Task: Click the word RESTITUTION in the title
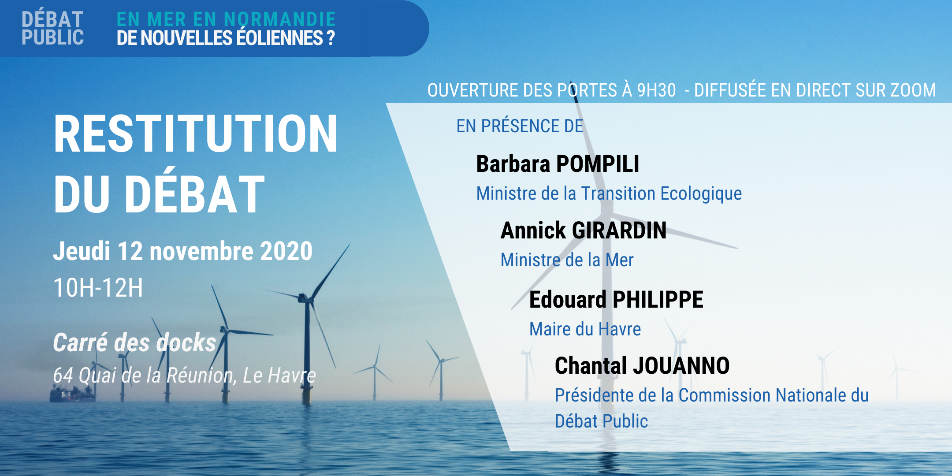click(x=196, y=134)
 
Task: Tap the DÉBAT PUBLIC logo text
click(x=52, y=28)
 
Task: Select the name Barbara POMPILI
click(x=558, y=164)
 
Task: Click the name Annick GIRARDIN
click(x=584, y=231)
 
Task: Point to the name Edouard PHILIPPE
click(x=616, y=300)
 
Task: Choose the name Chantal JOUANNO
click(x=642, y=366)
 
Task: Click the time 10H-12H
click(x=98, y=288)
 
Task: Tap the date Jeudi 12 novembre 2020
click(x=183, y=251)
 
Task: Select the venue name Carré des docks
click(x=135, y=342)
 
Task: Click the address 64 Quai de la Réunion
click(x=143, y=376)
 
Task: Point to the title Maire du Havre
click(x=585, y=329)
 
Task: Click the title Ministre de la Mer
click(x=567, y=260)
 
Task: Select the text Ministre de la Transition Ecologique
click(x=609, y=194)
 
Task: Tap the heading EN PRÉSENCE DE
click(x=520, y=126)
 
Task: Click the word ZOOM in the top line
click(x=913, y=90)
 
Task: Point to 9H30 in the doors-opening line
click(x=656, y=90)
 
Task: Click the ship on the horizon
click(x=72, y=393)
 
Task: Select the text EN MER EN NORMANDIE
click(x=226, y=19)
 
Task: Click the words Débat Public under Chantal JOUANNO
click(x=601, y=421)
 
